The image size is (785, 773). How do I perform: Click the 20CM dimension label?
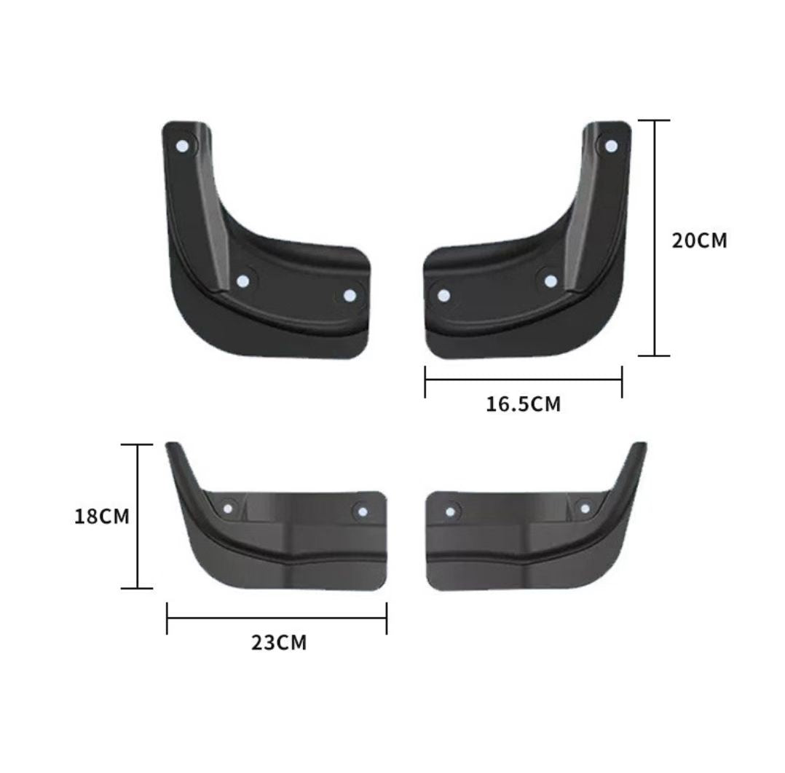click(699, 240)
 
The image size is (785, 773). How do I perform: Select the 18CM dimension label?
click(102, 517)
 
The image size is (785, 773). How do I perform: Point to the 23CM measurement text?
click(279, 643)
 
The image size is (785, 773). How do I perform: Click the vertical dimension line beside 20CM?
click(657, 240)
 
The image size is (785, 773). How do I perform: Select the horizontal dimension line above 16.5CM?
click(524, 379)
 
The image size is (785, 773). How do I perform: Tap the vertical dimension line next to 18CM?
click(138, 517)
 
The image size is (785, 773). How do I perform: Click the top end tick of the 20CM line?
click(657, 120)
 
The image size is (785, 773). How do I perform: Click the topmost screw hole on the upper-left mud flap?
click(182, 146)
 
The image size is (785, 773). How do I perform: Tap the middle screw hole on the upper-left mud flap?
click(243, 280)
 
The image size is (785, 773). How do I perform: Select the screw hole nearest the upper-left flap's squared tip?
click(350, 295)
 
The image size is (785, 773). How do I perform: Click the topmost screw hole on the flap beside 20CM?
click(611, 146)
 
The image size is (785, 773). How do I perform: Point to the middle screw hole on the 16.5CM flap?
click(551, 280)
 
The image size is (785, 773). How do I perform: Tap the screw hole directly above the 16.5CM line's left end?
click(443, 296)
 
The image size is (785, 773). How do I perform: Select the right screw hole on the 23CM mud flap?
click(361, 511)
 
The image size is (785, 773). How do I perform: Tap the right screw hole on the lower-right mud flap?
click(584, 508)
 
